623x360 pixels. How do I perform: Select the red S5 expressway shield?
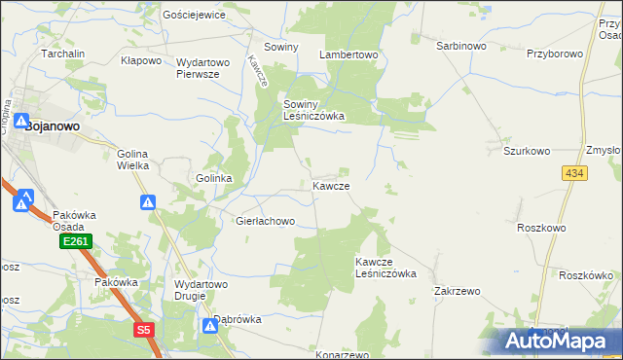[x=144, y=330]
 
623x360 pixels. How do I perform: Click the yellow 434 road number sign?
[x=573, y=172]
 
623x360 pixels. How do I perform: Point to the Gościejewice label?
[x=195, y=16]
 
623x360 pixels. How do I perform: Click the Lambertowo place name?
[x=348, y=55]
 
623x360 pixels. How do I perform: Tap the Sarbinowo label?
[x=461, y=46]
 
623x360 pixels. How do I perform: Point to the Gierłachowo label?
[x=265, y=222]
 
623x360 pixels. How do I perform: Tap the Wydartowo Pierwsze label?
[x=202, y=68]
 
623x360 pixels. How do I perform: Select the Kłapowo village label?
[x=140, y=60]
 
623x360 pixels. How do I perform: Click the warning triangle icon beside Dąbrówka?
[x=209, y=326]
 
